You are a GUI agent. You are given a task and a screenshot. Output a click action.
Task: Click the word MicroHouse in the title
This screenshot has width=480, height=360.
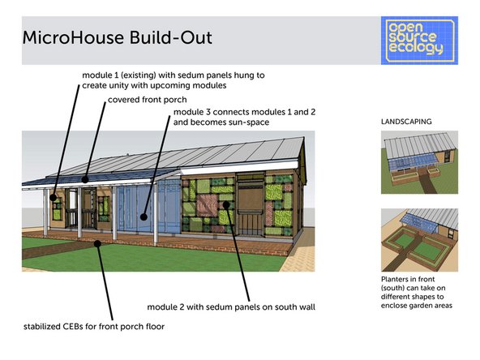click(68, 37)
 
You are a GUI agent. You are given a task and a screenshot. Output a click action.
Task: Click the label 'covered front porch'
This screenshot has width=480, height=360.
click(147, 101)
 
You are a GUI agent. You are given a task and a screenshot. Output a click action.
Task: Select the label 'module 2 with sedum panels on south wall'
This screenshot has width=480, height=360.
click(229, 307)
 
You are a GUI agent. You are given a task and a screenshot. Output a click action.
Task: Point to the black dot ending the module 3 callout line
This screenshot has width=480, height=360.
click(143, 216)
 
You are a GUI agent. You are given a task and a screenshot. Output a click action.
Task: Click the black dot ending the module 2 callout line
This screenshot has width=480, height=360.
click(227, 206)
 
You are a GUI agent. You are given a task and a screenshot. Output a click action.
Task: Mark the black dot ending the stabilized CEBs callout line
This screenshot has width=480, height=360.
click(98, 241)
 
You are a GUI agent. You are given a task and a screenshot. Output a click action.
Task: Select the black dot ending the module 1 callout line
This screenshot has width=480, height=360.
click(54, 197)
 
